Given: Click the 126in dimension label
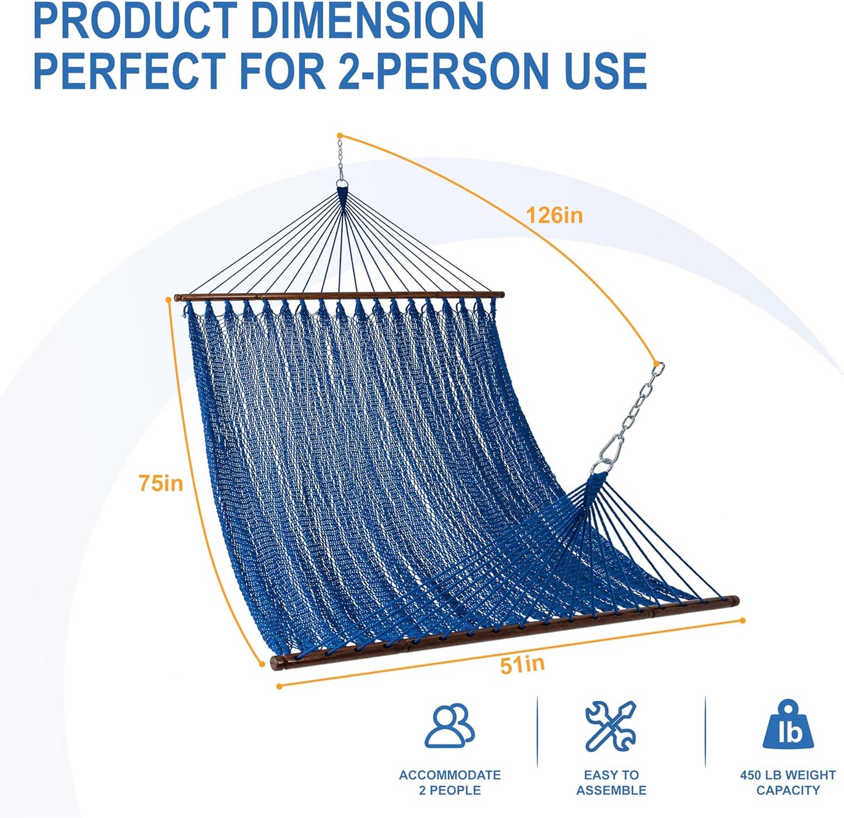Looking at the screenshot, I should tap(554, 216).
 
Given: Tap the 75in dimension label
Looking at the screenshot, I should tap(161, 484).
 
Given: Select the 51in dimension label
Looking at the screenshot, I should tap(522, 664).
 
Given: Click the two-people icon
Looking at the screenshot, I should tap(449, 726).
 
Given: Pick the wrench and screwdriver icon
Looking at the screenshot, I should tap(610, 726).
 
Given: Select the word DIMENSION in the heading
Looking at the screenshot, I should tap(367, 21).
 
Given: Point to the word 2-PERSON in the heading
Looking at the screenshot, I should tap(443, 71).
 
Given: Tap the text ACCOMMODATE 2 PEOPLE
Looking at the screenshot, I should tap(450, 783).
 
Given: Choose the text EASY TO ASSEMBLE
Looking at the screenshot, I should tap(611, 783).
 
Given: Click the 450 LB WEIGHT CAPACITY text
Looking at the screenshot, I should tap(787, 783).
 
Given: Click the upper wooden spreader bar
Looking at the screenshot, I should tap(339, 296).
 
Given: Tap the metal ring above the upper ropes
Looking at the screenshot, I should tap(341, 186).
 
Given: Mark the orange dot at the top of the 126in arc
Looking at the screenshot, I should tap(340, 136).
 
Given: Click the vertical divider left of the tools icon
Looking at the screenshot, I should tap(537, 732).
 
